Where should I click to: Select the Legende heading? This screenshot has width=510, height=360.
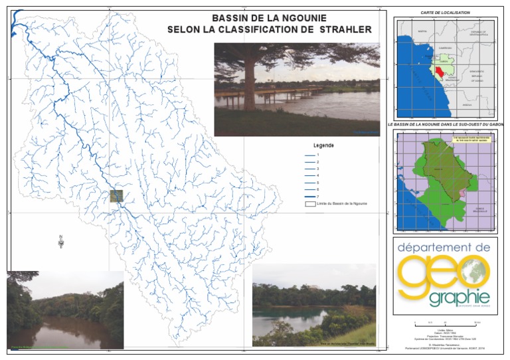[x=323, y=145]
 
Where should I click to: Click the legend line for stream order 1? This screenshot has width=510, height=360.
[x=309, y=154]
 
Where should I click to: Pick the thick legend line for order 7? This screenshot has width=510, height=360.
[x=309, y=196]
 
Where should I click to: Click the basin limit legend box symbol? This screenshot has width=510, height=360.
[x=309, y=204]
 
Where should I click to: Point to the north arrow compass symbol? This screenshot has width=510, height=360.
[x=61, y=242]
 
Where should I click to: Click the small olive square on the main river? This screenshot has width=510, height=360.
[x=117, y=196]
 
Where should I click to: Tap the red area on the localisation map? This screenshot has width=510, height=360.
[x=440, y=73]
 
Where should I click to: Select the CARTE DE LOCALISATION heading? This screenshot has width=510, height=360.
[x=445, y=13]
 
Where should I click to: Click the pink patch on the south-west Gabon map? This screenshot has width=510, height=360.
[x=462, y=193]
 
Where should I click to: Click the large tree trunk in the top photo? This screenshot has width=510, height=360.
[x=250, y=80]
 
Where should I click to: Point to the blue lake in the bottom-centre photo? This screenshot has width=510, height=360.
[x=286, y=321]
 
